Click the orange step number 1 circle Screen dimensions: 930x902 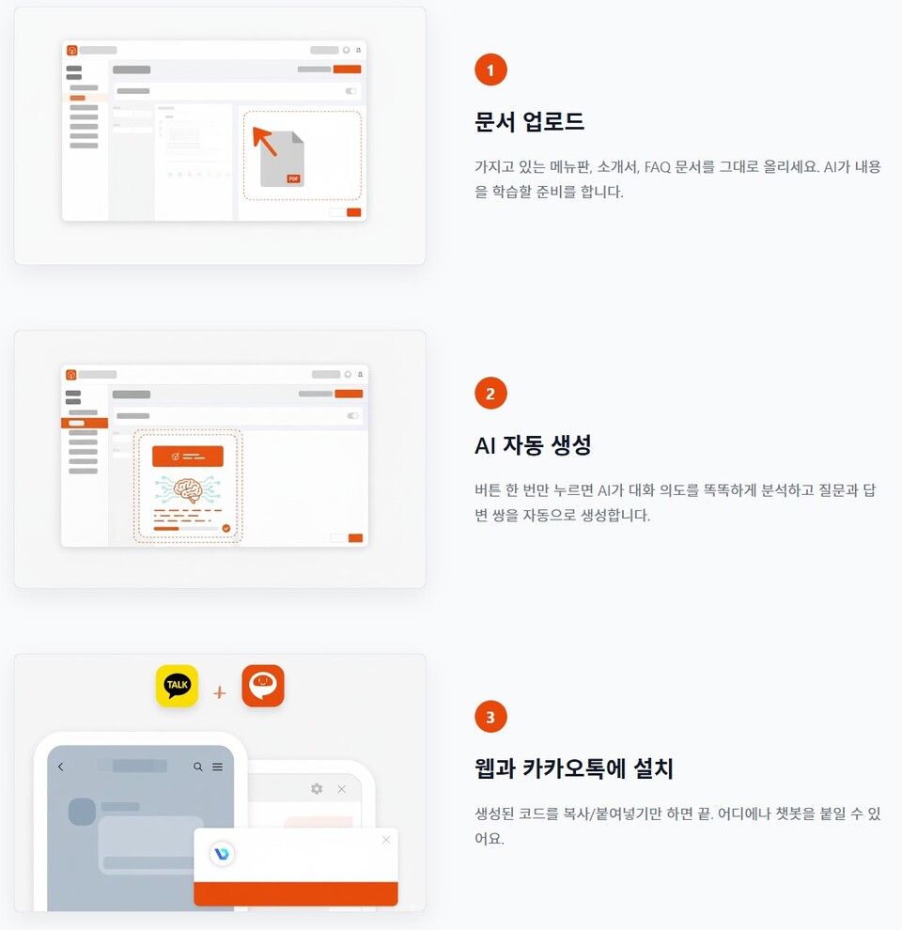click(x=490, y=70)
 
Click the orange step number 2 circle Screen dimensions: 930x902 click(x=490, y=394)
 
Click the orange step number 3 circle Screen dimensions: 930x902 click(x=490, y=718)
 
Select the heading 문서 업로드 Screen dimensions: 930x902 click(x=529, y=121)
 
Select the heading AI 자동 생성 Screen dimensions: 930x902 click(x=533, y=445)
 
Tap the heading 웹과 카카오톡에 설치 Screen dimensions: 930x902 click(x=573, y=768)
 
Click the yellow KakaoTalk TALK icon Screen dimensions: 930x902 click(x=177, y=686)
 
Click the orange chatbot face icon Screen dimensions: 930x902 click(x=263, y=686)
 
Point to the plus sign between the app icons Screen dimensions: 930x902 click(x=220, y=692)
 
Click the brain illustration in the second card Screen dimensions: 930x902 click(x=188, y=489)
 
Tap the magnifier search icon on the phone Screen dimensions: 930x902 click(x=198, y=767)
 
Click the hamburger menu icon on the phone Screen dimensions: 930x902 click(x=218, y=767)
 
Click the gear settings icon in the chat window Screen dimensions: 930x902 click(x=317, y=789)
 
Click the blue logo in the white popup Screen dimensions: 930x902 click(x=223, y=854)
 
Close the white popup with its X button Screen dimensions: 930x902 click(x=385, y=840)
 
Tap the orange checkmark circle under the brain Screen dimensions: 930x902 click(x=225, y=529)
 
